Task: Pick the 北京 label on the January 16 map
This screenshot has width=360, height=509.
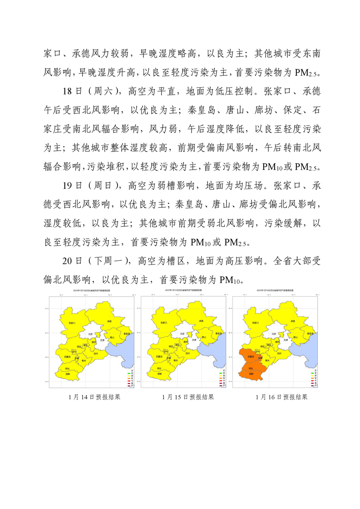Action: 273,333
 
